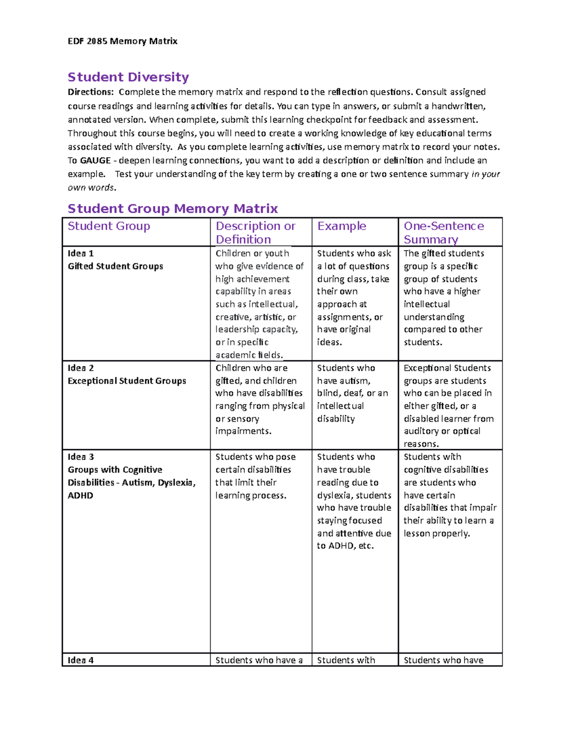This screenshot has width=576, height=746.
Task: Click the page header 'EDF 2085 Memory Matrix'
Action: (122, 41)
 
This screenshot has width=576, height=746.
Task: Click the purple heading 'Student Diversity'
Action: (128, 77)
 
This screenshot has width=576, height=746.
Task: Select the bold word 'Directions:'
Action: (91, 92)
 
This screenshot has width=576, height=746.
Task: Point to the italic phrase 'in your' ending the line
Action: (486, 174)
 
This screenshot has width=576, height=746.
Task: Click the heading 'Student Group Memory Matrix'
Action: (173, 208)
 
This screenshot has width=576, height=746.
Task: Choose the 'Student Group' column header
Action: (109, 226)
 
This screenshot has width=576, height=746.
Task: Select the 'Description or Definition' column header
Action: (255, 232)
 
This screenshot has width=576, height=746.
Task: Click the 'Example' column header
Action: (342, 226)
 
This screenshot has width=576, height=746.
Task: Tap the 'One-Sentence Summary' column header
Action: (444, 232)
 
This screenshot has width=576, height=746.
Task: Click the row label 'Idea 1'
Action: (81, 253)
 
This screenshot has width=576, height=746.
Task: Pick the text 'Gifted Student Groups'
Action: (115, 266)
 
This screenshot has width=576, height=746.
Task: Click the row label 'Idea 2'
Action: (81, 368)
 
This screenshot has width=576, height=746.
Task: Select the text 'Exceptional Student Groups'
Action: (127, 381)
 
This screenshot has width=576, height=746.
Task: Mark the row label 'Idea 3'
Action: (81, 457)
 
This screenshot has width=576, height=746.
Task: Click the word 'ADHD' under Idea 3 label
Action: (81, 495)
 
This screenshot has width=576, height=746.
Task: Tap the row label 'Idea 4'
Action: (81, 660)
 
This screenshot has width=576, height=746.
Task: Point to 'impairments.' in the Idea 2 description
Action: (243, 431)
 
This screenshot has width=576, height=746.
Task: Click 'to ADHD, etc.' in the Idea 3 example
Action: (345, 546)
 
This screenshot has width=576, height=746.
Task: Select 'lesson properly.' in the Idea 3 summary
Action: (436, 533)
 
